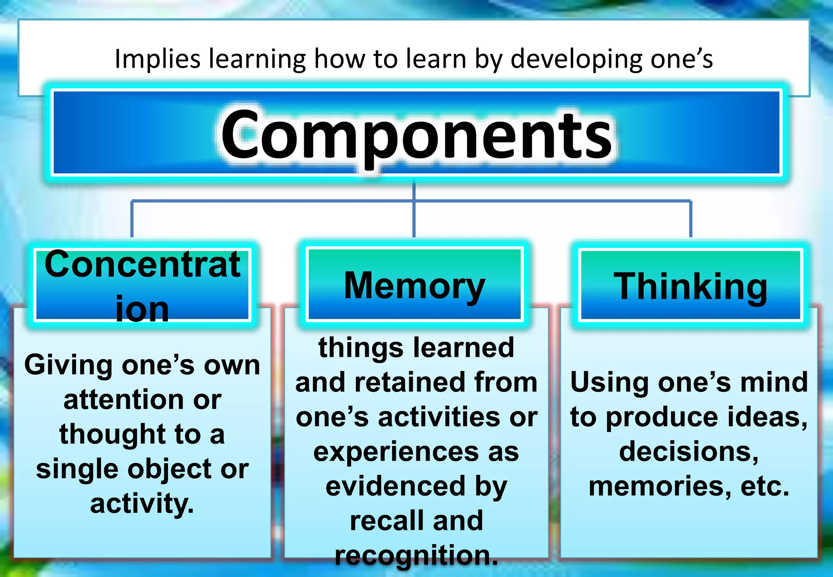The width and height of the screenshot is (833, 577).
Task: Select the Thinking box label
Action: (690, 287)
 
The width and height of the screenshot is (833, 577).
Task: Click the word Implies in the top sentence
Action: (157, 59)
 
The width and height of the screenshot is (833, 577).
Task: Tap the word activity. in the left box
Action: (142, 504)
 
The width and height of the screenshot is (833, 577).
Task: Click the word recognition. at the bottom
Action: (416, 556)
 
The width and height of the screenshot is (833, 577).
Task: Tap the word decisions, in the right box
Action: (689, 452)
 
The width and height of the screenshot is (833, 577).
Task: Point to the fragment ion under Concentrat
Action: (142, 309)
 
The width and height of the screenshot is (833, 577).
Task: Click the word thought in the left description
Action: (113, 435)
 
